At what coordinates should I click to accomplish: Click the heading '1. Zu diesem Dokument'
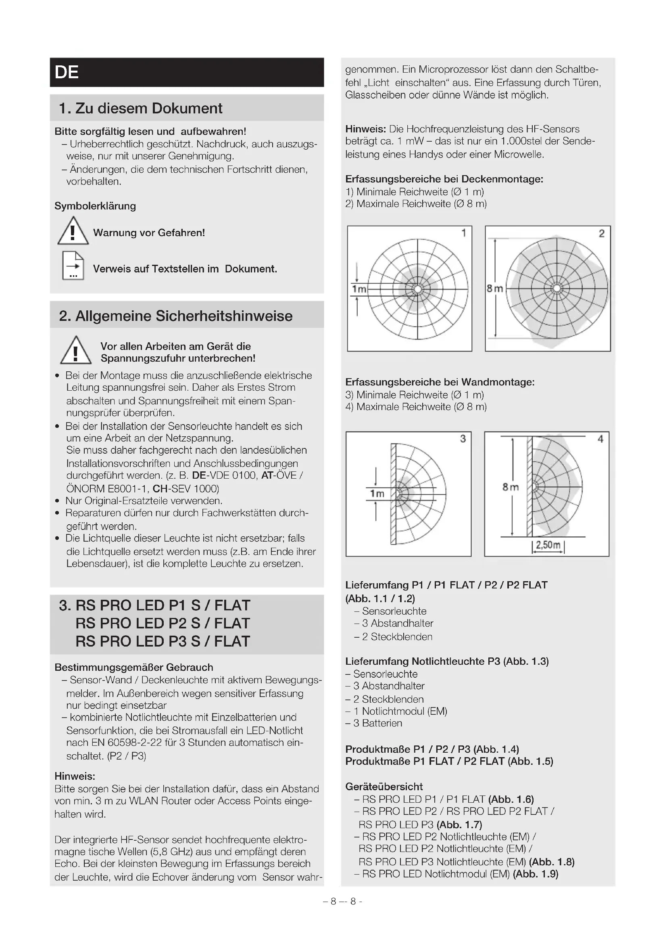140,108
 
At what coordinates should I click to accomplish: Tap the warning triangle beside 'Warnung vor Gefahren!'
73,232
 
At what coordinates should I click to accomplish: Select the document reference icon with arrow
73,266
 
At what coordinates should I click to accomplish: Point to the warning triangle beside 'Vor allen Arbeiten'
75,351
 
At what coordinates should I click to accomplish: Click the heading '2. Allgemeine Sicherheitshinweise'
176,316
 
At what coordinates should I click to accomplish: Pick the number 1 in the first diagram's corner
464,233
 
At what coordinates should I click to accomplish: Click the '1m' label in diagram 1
359,289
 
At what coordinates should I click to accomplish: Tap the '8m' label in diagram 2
495,289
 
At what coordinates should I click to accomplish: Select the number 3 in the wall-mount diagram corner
463,439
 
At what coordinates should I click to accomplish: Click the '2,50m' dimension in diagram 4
548,545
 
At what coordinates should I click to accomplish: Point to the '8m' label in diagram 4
511,487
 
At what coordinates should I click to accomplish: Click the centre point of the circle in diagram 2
557,288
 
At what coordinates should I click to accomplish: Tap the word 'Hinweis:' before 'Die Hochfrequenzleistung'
365,129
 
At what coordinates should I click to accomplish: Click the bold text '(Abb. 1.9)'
536,874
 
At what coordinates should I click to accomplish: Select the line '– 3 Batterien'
374,723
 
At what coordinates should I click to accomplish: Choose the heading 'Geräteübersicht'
384,787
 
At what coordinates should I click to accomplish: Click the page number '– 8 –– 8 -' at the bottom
342,901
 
